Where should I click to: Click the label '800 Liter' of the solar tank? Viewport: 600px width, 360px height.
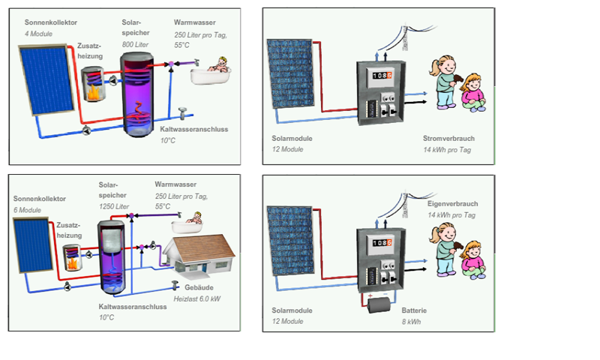point(136,45)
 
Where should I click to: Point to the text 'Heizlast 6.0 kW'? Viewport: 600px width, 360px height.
point(197,298)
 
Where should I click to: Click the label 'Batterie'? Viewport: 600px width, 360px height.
point(414,310)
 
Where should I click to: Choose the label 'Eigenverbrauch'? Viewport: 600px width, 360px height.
point(451,204)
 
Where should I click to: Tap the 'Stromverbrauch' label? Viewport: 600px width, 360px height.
point(448,139)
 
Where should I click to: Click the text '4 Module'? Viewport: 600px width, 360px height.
point(38,34)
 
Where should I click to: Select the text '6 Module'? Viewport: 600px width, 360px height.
point(27,211)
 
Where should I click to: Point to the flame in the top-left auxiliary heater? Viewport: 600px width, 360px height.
point(94,93)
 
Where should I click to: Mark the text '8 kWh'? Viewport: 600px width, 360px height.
point(412,321)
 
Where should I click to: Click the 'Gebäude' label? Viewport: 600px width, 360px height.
point(189,287)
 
